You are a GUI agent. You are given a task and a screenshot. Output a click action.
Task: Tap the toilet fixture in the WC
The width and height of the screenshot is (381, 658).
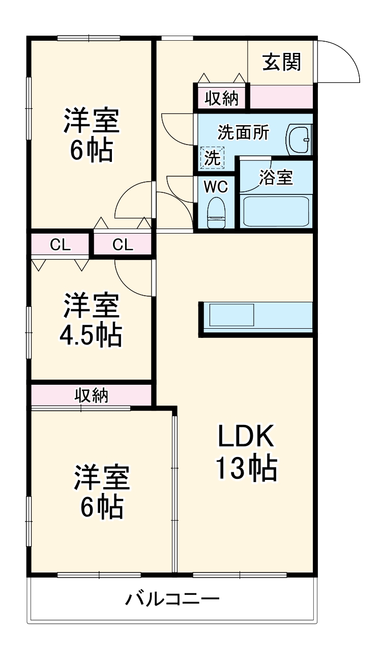(216, 214)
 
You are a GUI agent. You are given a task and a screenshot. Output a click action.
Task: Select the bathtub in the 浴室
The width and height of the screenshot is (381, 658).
(276, 210)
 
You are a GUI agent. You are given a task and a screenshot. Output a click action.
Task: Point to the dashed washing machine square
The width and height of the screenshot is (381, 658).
(213, 157)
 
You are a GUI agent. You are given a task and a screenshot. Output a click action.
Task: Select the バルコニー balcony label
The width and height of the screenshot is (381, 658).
(173, 598)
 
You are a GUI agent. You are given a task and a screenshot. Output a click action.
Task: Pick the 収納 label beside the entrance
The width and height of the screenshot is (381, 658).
(221, 98)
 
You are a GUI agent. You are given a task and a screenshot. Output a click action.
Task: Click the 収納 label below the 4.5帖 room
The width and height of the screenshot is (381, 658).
(92, 395)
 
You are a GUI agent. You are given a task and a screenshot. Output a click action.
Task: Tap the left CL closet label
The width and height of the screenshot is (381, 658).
(60, 245)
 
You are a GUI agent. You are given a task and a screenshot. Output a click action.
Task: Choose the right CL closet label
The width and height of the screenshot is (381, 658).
(123, 245)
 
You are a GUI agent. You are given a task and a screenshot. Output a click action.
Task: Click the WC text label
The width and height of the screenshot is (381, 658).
(216, 187)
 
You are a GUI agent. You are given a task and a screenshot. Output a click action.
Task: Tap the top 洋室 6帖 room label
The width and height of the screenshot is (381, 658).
(92, 135)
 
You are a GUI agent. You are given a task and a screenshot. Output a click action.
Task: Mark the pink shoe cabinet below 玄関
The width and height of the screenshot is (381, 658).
(281, 97)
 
